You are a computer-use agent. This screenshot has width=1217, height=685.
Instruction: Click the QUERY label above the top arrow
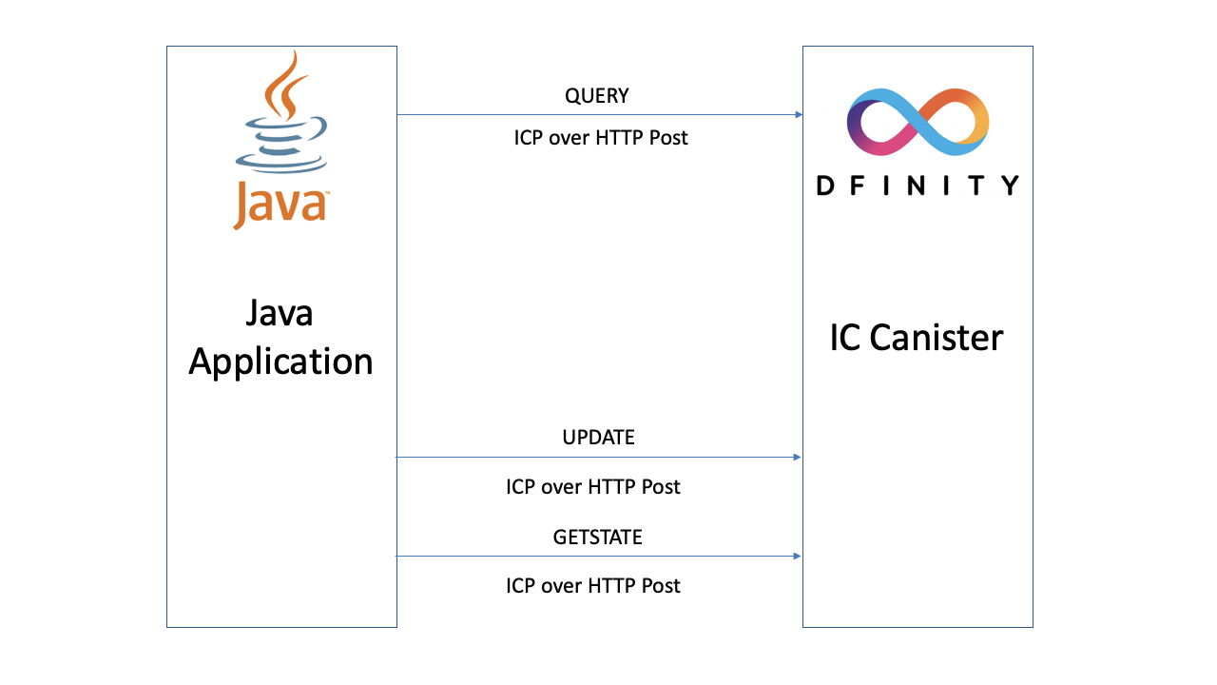click(x=596, y=96)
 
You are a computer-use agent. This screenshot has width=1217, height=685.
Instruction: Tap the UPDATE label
click(x=598, y=438)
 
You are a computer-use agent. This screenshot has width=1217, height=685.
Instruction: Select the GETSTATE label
click(x=598, y=538)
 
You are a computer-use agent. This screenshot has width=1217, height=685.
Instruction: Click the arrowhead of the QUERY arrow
click(x=798, y=115)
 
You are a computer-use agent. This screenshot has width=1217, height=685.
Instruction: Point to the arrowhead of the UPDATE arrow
click(x=796, y=458)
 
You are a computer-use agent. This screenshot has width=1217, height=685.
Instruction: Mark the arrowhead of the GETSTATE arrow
click(x=796, y=557)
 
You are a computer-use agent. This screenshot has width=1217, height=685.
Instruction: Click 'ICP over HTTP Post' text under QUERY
click(x=601, y=138)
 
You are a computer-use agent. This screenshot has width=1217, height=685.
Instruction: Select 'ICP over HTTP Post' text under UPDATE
click(x=593, y=487)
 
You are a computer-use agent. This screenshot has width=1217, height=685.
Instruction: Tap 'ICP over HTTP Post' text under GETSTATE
click(x=593, y=585)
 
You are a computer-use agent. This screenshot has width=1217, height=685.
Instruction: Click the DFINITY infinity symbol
click(x=918, y=122)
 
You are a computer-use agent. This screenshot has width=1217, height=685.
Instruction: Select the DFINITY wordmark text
click(x=918, y=185)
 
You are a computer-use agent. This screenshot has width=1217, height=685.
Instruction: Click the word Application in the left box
click(x=280, y=362)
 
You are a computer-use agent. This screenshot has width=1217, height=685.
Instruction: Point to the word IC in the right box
click(x=845, y=338)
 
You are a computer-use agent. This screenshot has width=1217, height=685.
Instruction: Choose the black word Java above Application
click(x=280, y=313)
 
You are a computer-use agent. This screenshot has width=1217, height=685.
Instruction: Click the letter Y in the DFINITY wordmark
click(x=1009, y=185)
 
